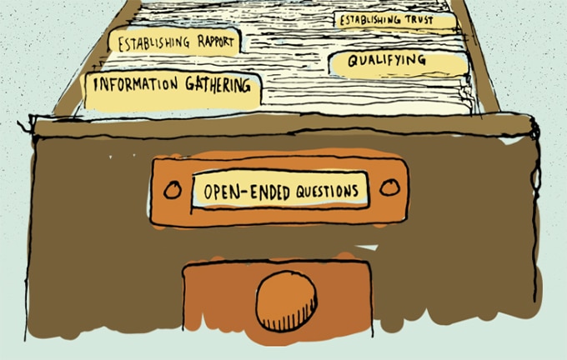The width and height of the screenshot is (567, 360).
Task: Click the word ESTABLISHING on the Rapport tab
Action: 153,43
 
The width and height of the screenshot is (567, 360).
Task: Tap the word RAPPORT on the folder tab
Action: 215,42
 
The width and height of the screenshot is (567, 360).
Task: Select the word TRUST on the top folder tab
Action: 419,20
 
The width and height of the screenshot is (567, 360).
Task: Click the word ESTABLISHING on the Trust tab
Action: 370,20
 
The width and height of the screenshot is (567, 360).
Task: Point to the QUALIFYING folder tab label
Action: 387,60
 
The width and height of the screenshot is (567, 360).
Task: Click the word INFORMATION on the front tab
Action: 136,84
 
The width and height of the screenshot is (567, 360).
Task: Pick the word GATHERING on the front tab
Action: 218,84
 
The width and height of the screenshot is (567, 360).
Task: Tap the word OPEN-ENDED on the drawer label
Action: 247,192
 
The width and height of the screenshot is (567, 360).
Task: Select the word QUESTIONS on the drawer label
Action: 327,191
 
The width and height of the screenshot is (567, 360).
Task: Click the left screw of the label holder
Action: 173,190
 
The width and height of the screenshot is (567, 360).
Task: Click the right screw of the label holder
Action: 390,187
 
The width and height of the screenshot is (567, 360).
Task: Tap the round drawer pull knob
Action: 286,302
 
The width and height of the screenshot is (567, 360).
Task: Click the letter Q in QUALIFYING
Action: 354,61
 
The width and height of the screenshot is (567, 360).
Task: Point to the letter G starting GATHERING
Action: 191,83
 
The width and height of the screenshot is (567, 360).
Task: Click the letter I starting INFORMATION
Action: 95,84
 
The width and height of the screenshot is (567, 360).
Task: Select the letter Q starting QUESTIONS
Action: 301,192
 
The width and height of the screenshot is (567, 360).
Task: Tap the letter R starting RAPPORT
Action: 202,42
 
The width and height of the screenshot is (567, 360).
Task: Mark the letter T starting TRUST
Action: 409,19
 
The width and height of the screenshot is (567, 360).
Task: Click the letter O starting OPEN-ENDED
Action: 208,192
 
